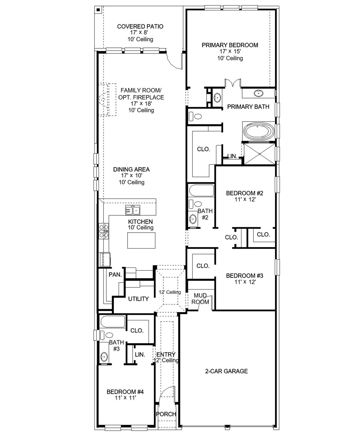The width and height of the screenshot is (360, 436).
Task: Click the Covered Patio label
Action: click(x=140, y=26)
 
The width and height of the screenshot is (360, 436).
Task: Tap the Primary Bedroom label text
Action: click(x=230, y=45)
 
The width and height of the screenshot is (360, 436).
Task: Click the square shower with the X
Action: click(x=260, y=154)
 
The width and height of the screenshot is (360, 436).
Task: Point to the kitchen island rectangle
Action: click(x=141, y=240)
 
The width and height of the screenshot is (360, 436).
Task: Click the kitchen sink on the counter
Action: click(x=133, y=211)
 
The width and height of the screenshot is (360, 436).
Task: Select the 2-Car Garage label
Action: click(x=226, y=371)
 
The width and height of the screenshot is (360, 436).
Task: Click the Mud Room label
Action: click(x=200, y=299)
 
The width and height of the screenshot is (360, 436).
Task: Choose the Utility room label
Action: click(x=138, y=299)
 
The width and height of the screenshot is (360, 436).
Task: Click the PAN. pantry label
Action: click(x=115, y=274)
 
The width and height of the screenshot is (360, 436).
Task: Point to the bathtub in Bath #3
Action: click(x=113, y=322)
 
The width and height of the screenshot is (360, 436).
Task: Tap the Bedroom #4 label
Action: click(x=125, y=392)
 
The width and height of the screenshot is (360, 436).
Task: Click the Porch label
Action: click(x=166, y=414)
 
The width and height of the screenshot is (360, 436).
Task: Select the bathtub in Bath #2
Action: click(x=201, y=190)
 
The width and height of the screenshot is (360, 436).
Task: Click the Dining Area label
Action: click(x=131, y=169)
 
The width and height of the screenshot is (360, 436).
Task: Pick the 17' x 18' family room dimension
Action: click(x=141, y=104)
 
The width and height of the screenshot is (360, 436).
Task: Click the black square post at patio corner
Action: click(x=98, y=10)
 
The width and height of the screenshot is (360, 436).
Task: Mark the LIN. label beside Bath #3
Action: click(x=140, y=355)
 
